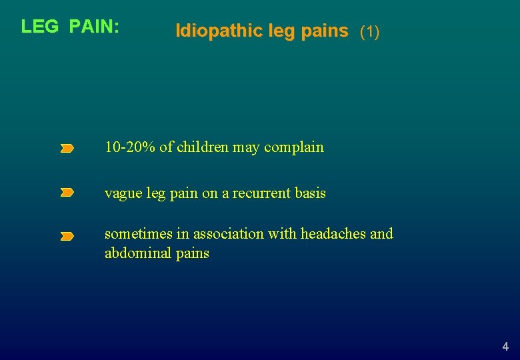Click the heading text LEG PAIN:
pyautogui.click(x=70, y=27)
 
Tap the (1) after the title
pyautogui.click(x=369, y=31)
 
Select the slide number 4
pyautogui.click(x=505, y=347)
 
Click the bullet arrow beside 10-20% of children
pyautogui.click(x=67, y=149)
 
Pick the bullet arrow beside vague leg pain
pyautogui.click(x=67, y=193)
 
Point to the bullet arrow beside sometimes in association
pyautogui.click(x=67, y=236)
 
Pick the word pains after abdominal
pyautogui.click(x=192, y=253)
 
